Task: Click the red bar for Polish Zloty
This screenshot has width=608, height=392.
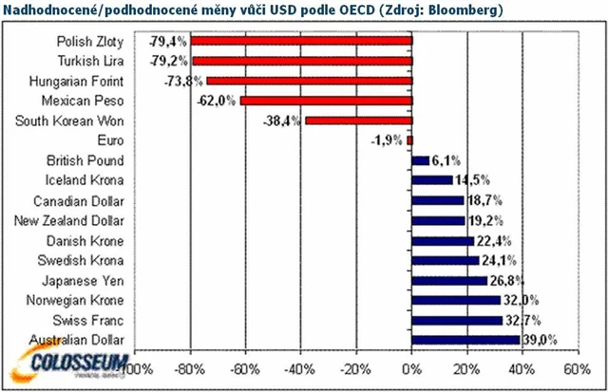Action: click(302, 42)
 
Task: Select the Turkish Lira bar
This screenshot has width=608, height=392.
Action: click(302, 62)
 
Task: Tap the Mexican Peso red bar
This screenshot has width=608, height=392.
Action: click(327, 101)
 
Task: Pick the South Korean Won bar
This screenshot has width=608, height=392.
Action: click(359, 121)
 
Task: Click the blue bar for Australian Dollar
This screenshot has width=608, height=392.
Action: click(465, 340)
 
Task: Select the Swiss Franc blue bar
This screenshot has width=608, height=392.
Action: click(457, 320)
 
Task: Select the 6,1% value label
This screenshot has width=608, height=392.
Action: click(446, 161)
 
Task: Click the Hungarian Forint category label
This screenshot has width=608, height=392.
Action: click(82, 82)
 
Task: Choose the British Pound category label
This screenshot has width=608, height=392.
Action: click(97, 160)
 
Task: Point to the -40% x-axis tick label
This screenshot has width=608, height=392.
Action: click(301, 367)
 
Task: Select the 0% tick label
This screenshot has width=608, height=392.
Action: click(413, 367)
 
